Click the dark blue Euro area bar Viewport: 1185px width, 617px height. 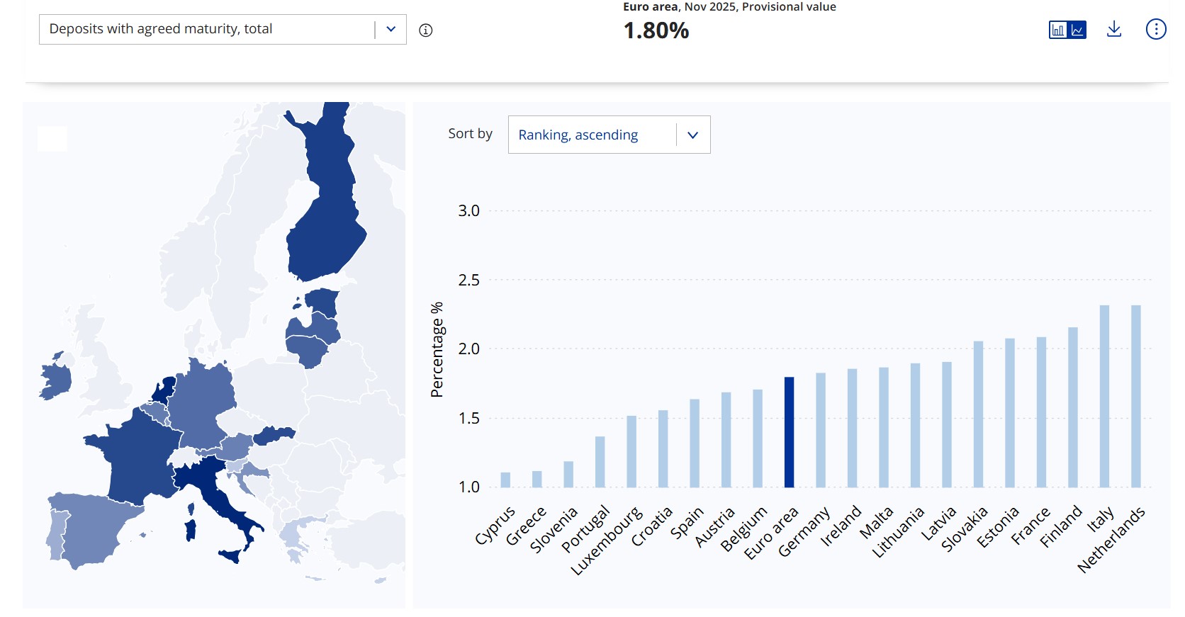coord(789,432)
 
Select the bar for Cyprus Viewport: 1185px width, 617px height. coord(505,480)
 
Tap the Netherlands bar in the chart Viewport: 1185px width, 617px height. coord(1135,396)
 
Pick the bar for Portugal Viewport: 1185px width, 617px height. coord(600,462)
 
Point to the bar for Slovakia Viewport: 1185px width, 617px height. coord(978,414)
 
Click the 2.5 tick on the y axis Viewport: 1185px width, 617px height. coord(468,280)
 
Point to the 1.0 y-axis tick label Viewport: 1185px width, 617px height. coord(468,487)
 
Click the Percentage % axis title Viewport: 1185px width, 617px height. coord(437,349)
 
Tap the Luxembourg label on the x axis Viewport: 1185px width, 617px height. coord(607,540)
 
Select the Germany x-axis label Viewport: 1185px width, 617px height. coord(804,532)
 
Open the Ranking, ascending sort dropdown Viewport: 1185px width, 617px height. coord(609,135)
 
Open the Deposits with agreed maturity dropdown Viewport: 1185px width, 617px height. coord(223,29)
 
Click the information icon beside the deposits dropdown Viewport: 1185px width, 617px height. coord(425,30)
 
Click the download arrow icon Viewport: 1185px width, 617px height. coord(1114,29)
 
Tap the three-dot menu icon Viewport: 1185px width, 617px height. coord(1155,29)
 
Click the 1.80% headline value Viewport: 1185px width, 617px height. coord(656,30)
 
